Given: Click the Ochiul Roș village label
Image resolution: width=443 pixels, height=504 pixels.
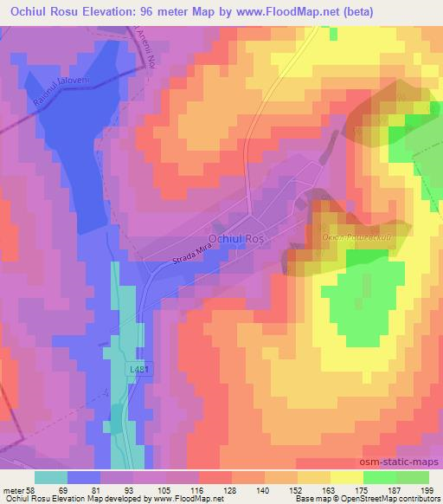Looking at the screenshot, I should [239, 236].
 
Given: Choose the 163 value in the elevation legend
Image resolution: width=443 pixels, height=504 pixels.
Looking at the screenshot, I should [331, 489].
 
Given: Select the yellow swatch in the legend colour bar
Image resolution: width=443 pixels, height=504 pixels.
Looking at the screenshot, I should [346, 477].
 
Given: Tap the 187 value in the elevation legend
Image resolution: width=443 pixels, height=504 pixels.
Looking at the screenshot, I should [397, 489].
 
